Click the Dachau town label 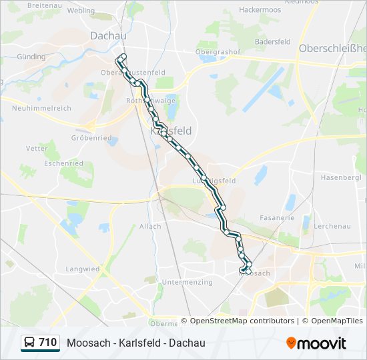(107, 35)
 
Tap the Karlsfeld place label (171, 131)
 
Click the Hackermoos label (260, 11)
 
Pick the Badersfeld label (272, 41)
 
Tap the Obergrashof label (218, 51)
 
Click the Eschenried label (63, 163)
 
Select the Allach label (150, 226)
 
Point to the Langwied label (83, 269)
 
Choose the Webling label (81, 11)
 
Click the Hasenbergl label (341, 178)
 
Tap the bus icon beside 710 (30, 343)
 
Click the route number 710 (47, 343)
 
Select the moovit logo (316, 343)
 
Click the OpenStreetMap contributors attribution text (242, 321)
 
